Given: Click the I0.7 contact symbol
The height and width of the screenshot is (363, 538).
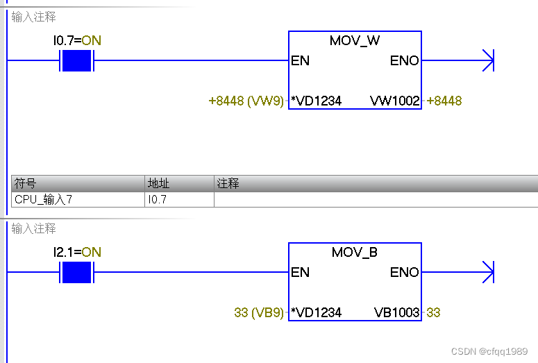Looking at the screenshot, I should [x=77, y=61].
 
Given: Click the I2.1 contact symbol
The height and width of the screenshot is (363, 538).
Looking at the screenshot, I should [x=77, y=272].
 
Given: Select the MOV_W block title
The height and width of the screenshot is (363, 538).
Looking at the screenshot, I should [x=355, y=40].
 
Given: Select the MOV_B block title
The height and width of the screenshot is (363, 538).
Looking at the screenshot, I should [x=355, y=252].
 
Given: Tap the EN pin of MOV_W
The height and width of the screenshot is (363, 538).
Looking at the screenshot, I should [x=301, y=61].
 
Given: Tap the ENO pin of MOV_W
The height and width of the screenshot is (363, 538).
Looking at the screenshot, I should [x=405, y=61].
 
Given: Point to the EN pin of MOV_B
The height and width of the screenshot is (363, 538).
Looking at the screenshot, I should [x=301, y=272].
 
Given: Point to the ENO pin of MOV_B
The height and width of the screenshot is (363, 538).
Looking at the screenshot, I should [x=405, y=272].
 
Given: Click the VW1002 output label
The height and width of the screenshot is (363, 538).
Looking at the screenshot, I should [x=395, y=101].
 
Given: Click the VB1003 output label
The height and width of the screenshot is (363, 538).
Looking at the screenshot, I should [x=396, y=313].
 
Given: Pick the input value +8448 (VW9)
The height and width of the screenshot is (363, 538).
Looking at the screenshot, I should [x=246, y=101].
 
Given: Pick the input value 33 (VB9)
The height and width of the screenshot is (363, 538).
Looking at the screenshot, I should [x=259, y=313].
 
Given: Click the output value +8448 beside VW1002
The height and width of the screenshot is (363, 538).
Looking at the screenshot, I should [x=444, y=101].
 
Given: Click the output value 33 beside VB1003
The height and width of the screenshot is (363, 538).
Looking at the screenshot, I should [x=433, y=313].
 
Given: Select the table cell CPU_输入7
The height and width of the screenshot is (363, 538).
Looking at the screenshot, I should [x=43, y=200].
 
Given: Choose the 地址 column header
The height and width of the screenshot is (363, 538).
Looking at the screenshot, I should [x=158, y=184].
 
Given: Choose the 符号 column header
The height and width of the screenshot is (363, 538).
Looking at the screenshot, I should [x=25, y=184].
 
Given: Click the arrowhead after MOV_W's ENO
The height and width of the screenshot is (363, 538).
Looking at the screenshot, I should [x=487, y=61].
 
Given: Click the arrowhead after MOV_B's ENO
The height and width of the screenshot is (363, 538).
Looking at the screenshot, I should [x=487, y=272].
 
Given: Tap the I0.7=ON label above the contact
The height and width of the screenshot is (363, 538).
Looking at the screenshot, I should [x=77, y=40].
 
